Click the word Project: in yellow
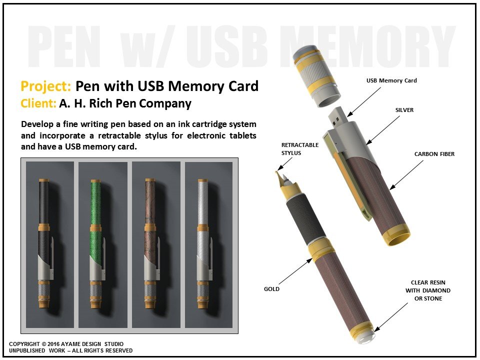click(x=46, y=86)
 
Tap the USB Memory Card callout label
click(x=391, y=80)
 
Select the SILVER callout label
click(x=404, y=110)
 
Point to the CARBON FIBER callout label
click(x=434, y=154)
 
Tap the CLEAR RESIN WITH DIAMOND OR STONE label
click(x=430, y=290)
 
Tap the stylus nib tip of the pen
click(x=281, y=176)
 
